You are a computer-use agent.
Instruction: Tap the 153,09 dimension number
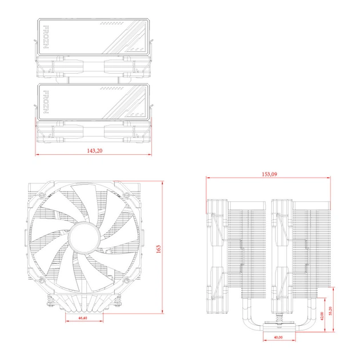[269, 174]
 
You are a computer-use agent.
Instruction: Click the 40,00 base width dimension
[278, 337]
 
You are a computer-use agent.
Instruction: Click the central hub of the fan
[82, 235]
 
